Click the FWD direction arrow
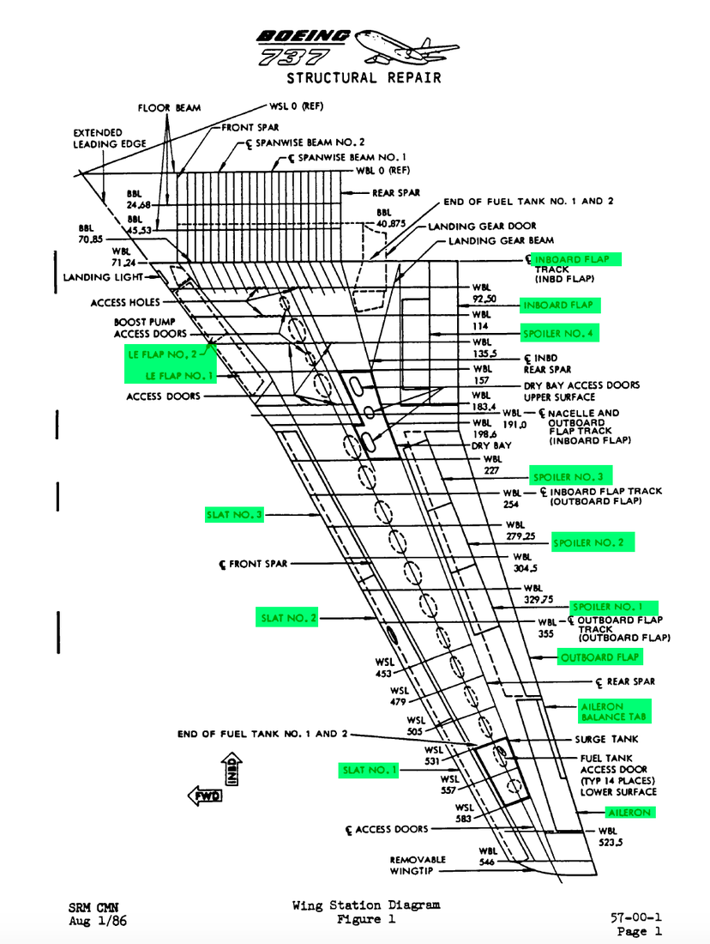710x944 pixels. click(x=205, y=796)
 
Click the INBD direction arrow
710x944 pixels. click(x=232, y=769)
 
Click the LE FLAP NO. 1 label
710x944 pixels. click(x=179, y=376)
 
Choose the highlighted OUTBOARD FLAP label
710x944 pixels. click(x=599, y=657)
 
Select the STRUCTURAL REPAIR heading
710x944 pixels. click(x=364, y=78)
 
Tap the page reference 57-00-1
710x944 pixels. click(x=635, y=917)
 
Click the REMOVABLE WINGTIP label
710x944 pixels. click(x=419, y=865)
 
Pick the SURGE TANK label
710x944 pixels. click(x=607, y=739)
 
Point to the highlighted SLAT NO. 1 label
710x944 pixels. click(x=369, y=771)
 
